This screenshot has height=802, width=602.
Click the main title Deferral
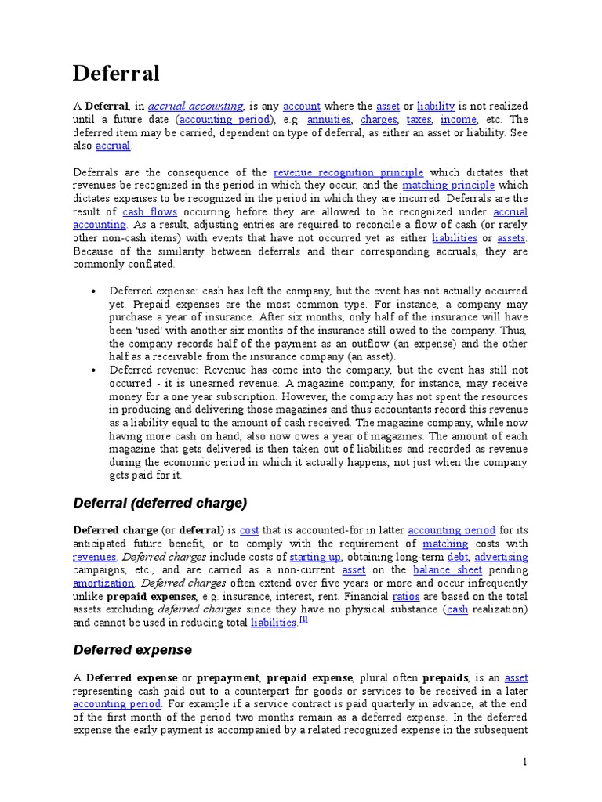point(116,74)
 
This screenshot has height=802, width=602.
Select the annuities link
point(328,120)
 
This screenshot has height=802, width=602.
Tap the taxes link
point(419,120)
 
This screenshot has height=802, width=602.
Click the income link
point(459,120)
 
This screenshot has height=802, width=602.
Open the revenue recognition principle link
point(348,172)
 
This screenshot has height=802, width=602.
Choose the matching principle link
point(448,186)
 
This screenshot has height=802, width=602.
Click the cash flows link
point(150,212)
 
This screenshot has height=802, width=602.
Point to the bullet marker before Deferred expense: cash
point(93,291)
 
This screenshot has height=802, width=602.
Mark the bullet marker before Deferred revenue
point(93,370)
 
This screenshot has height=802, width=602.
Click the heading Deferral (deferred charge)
point(160,502)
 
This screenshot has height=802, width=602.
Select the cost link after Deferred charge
point(249,530)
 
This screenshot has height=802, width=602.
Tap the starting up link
point(315,557)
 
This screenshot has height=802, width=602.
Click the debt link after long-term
point(456,557)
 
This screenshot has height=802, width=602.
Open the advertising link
point(501,557)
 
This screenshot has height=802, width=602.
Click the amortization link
point(103,583)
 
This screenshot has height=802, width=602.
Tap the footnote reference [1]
point(303,620)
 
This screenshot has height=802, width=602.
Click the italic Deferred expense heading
point(132,650)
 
